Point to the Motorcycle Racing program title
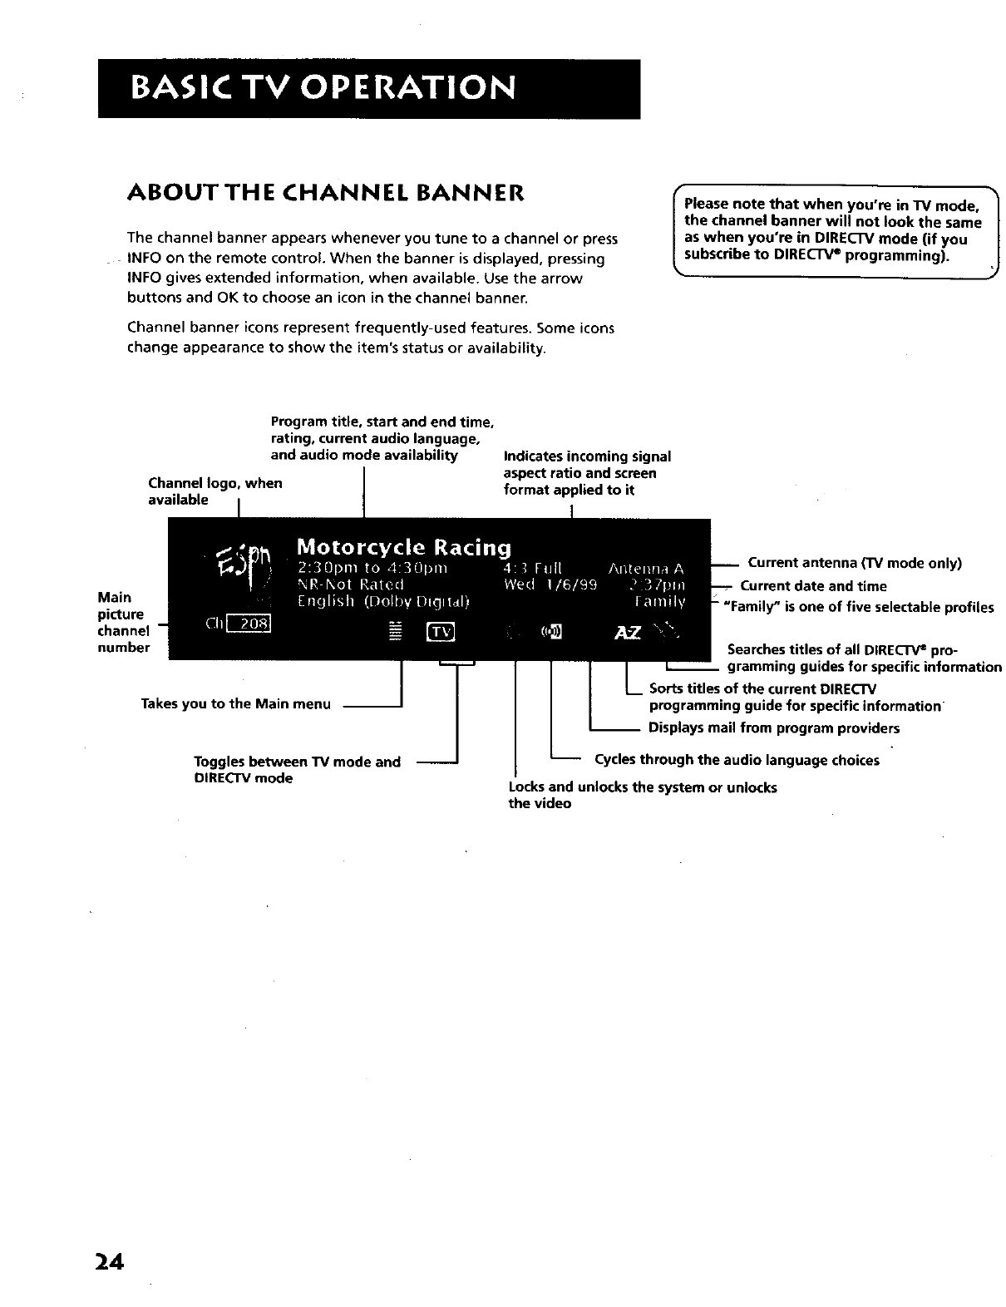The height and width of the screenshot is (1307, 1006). [403, 547]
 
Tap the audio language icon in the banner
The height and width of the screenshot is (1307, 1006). [551, 634]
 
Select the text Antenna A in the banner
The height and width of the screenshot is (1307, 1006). [646, 569]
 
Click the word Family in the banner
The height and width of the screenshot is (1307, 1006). [659, 602]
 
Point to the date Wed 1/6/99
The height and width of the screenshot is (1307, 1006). [550, 584]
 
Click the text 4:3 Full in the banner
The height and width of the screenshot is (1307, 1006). [533, 569]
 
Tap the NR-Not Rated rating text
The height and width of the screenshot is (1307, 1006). [350, 584]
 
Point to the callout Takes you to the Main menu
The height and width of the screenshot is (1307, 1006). [236, 704]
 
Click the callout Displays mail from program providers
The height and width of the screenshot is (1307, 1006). [773, 728]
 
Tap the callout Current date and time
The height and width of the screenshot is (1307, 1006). [813, 586]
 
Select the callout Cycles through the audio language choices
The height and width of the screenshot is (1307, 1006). [737, 760]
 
